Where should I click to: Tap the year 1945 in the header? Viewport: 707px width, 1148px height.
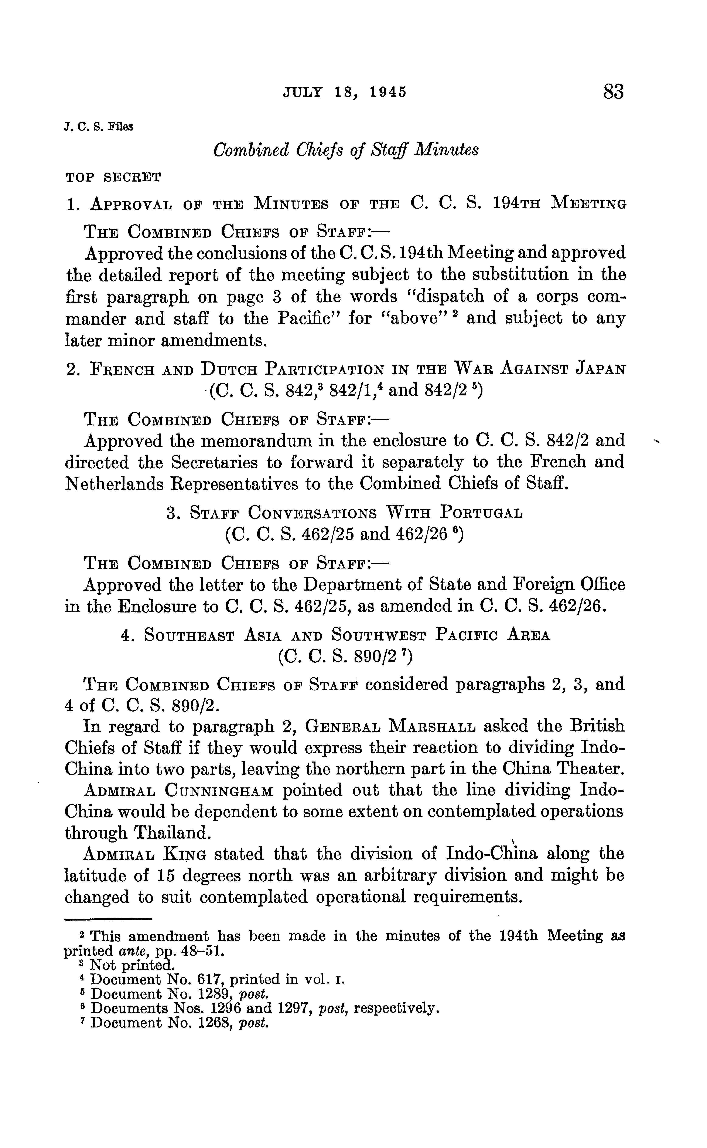pos(388,92)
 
